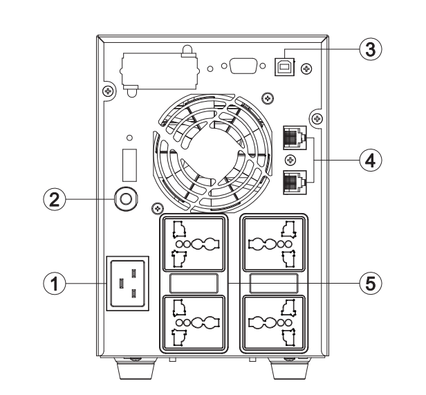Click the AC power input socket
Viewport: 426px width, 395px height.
click(126, 283)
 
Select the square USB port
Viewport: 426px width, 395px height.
click(286, 65)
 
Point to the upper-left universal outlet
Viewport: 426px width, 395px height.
click(193, 243)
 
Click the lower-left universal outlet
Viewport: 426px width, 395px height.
click(193, 322)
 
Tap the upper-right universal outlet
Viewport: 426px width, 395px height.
click(274, 243)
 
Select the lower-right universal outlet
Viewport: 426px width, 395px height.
click(274, 322)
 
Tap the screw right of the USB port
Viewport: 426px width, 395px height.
click(307, 67)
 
